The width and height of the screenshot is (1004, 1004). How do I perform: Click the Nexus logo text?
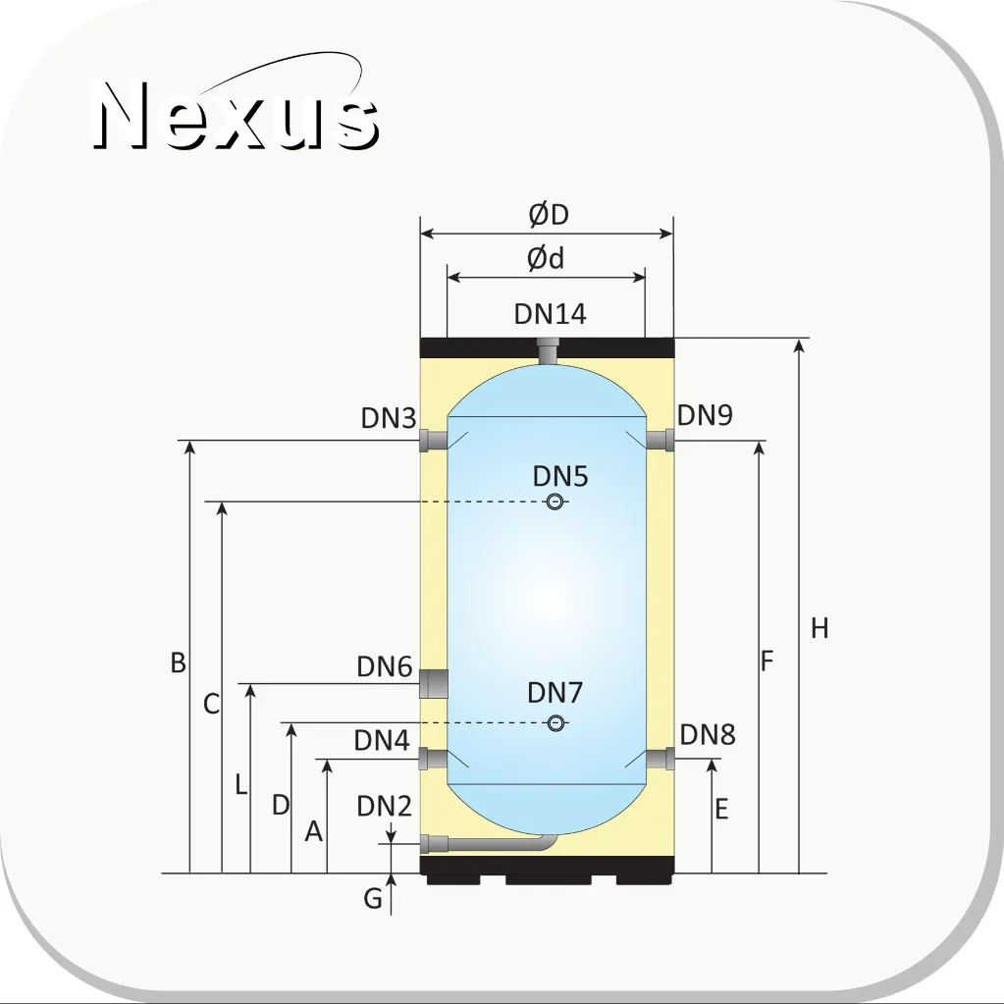pos(236,115)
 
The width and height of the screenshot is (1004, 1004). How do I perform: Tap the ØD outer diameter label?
pos(549,215)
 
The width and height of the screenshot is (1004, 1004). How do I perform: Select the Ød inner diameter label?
pos(546,259)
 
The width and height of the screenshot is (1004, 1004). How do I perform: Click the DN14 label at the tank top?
pos(550,314)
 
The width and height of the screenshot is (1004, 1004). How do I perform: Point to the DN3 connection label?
pos(389,418)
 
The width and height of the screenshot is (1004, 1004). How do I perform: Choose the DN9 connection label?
pos(705,415)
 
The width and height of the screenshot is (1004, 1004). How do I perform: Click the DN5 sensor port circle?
pos(555,502)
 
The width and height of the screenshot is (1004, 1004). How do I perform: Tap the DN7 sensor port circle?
pos(555,723)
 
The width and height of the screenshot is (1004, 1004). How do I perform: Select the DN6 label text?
pos(384,666)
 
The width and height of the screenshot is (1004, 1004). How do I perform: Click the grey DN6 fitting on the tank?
pos(434,683)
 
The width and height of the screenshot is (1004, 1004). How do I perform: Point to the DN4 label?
pos(382,740)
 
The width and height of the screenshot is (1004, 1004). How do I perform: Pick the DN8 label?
pos(707,735)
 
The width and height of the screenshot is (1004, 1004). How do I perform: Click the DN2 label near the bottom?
pos(384,806)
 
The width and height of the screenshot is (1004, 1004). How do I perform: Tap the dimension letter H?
pos(819,629)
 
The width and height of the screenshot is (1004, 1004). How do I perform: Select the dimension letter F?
pos(767,661)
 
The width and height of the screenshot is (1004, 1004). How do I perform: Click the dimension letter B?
pos(179,662)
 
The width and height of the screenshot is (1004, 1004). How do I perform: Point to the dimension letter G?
pos(373,898)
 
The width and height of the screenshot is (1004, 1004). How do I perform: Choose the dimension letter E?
pos(721,810)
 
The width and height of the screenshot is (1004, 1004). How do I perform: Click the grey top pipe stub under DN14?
pos(548,353)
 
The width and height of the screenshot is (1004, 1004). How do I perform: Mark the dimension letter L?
pos(240,784)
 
